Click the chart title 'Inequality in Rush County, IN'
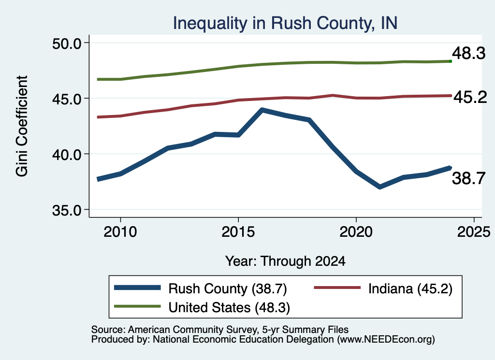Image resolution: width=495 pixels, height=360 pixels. [285, 23]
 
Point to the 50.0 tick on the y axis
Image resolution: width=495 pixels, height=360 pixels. [67, 43]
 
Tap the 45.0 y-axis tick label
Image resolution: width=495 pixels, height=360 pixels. [67, 99]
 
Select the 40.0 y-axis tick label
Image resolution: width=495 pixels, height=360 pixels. [67, 155]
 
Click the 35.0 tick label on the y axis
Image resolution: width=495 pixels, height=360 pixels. [67, 210]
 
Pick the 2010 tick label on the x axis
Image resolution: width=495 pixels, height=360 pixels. [120, 232]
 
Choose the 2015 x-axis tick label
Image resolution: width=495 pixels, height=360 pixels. [238, 232]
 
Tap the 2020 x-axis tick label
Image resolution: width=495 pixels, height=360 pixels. [356, 232]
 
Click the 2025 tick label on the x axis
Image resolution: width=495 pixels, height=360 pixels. [474, 232]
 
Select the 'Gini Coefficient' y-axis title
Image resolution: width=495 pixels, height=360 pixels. [22, 126]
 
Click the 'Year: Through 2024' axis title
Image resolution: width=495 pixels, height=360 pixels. [285, 261]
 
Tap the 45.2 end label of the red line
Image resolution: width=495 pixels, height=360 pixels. [470, 97]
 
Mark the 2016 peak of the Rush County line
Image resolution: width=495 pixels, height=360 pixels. [262, 110]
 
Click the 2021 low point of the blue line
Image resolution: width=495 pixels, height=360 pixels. [379, 187]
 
